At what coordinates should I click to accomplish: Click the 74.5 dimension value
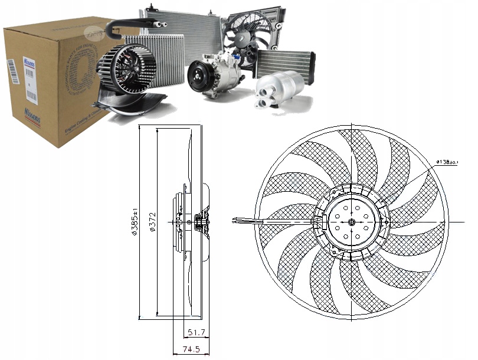[x=188, y=349]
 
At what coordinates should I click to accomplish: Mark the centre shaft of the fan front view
[x=352, y=222]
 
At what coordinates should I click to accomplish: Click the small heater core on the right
[x=284, y=61]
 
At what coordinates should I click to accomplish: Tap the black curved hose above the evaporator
[x=126, y=25]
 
